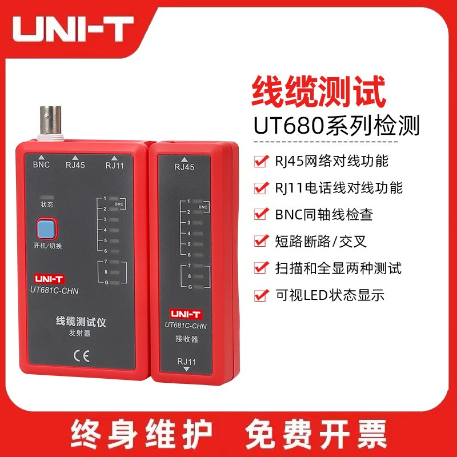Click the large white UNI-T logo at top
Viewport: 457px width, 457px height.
pos(74,28)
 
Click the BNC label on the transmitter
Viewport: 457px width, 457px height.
pos(41,165)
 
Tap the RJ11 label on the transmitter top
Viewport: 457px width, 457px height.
pos(114,166)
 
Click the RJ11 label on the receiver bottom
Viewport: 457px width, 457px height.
pos(187,362)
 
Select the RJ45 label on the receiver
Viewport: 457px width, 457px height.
pos(184,167)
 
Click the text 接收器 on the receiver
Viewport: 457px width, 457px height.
pos(186,339)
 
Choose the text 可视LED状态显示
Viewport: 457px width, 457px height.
pos(330,295)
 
